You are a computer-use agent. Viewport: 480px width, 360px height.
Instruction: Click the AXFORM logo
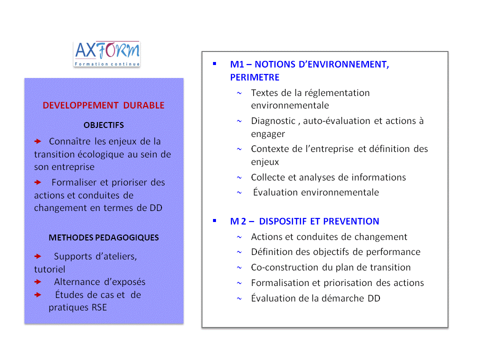(x=106, y=53)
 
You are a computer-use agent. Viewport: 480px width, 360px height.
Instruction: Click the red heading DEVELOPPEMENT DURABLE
(x=103, y=105)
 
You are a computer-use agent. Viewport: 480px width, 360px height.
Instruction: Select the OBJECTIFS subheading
(x=103, y=125)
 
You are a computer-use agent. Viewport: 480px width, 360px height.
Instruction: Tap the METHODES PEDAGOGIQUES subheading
(x=103, y=237)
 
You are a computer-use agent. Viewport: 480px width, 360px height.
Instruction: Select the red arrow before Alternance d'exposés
(x=38, y=282)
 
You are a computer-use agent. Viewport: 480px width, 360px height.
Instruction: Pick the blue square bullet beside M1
(x=214, y=63)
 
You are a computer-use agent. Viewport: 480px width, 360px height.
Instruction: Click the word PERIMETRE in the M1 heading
(x=254, y=77)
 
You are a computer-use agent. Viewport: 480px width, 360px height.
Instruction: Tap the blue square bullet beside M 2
(x=214, y=220)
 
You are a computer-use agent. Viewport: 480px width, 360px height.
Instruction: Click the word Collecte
(x=268, y=177)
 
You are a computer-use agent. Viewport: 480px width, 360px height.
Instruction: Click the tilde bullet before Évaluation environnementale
(x=239, y=192)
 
